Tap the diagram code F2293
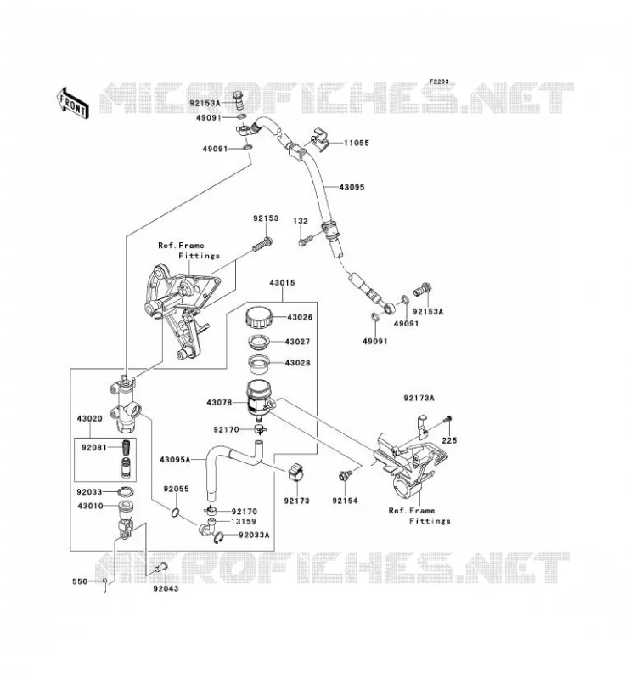click(439, 82)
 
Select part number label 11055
click(357, 143)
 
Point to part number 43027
click(297, 342)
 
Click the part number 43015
click(282, 283)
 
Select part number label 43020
click(90, 418)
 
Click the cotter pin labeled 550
click(105, 585)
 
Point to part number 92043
click(166, 588)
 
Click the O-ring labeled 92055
click(175, 513)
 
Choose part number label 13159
click(244, 521)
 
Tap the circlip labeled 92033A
click(219, 537)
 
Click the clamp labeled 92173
click(295, 473)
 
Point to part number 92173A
click(419, 398)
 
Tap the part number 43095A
click(175, 459)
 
